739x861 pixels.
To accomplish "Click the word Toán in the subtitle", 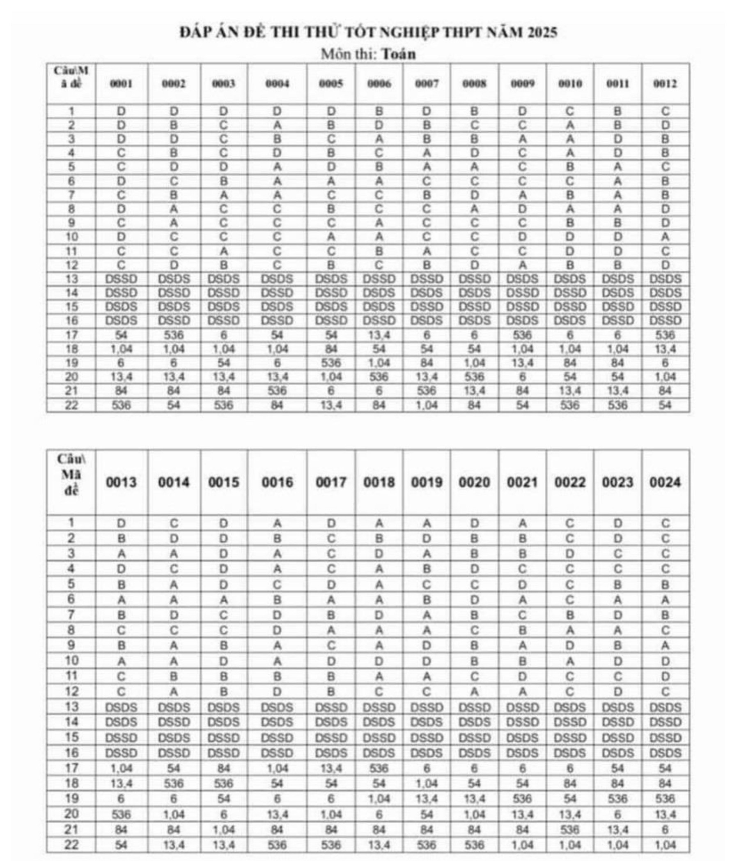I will (x=398, y=54).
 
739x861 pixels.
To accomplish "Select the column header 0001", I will (x=121, y=83).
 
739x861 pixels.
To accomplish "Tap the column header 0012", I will (x=665, y=83).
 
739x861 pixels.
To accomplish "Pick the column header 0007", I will (x=427, y=83).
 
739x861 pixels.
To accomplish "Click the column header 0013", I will (x=121, y=482).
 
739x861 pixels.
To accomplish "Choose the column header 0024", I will (x=665, y=482).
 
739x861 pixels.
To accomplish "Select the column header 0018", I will (x=379, y=482).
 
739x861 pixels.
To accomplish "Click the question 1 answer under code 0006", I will (x=379, y=111).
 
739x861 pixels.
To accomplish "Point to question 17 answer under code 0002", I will (x=174, y=335).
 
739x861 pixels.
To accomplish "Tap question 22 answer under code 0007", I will (x=427, y=405).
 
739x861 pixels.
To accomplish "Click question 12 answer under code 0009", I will (x=522, y=265).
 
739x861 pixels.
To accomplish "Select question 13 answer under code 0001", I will (x=121, y=279).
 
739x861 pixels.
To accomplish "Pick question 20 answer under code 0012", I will (x=665, y=377).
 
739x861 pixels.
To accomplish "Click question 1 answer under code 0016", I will (x=277, y=524).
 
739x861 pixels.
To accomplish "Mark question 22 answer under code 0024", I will (x=665, y=845).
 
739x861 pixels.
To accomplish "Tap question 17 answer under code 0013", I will (x=121, y=768).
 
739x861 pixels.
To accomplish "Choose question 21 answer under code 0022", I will (x=569, y=830).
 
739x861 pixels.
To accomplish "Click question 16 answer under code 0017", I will (x=330, y=753).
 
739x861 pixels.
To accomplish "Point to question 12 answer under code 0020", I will (x=474, y=691).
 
